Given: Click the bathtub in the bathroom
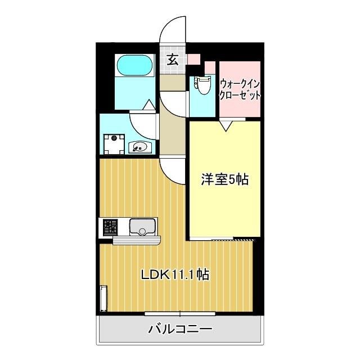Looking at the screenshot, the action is coord(135,65).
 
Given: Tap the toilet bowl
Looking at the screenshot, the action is coord(202,85).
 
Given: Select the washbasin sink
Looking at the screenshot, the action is coord(140,147).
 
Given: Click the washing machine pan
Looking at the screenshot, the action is coord(114,144).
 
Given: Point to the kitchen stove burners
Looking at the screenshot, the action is coord(110,227).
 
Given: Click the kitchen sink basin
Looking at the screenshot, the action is coord(142,227).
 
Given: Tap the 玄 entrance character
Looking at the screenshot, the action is coord(173,60).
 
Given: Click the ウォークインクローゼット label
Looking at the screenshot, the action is coord(240,89).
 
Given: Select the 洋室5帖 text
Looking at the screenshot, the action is coord(225,179).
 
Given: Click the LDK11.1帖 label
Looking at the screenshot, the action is coord(175,274).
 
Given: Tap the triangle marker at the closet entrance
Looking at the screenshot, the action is coord(226,126).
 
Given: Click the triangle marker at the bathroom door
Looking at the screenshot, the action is coord(150,105).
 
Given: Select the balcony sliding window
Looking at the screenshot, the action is coord(180,314).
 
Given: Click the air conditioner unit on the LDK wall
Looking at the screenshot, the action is coord(103,298).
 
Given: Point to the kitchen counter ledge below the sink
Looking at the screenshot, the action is coord(137,240).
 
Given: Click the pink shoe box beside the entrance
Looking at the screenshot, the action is coord(194,59).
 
